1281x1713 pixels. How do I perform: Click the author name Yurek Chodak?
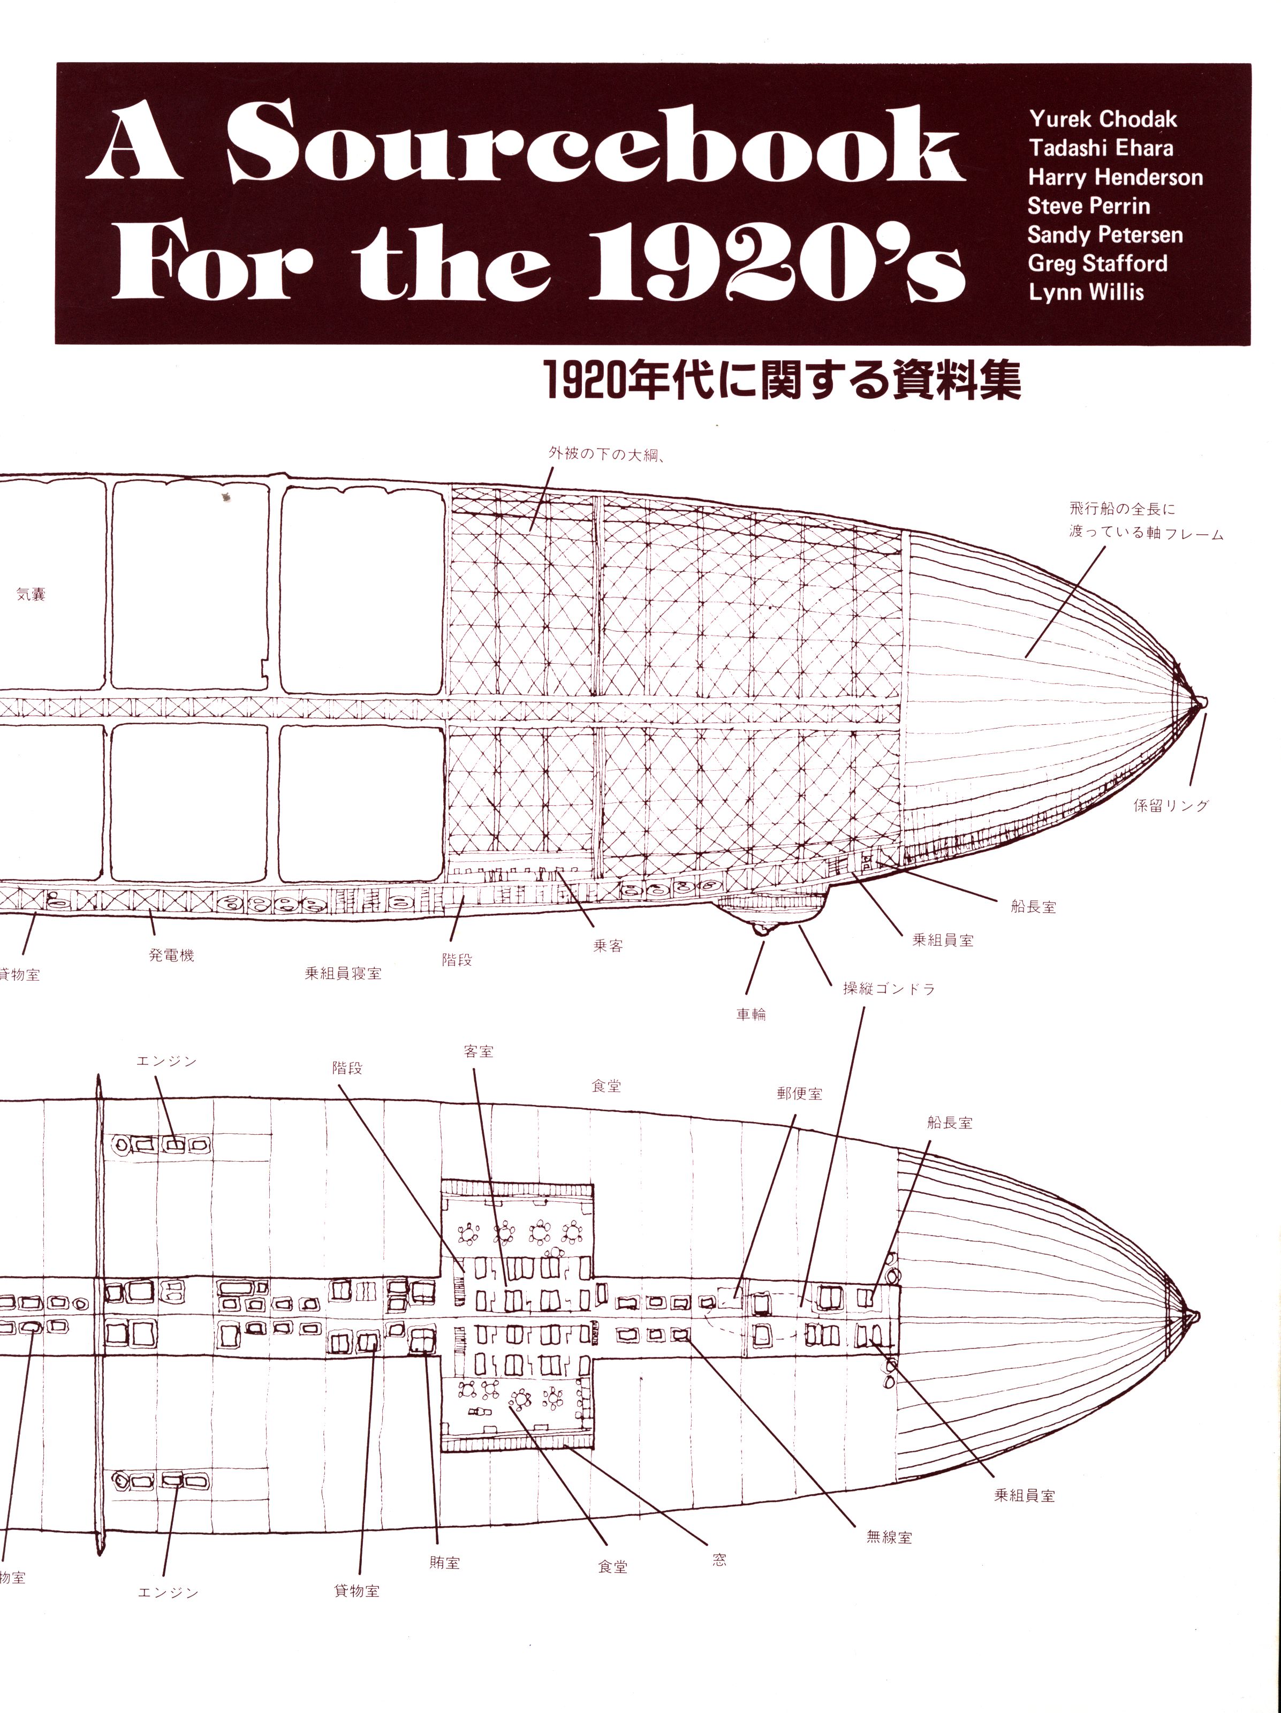point(1103,119)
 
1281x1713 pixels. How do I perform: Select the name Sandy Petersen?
point(1105,234)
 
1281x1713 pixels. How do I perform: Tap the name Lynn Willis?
point(1087,292)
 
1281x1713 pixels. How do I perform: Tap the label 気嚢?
point(31,594)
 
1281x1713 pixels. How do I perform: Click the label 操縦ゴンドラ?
point(889,988)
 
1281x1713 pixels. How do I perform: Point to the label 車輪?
point(751,1014)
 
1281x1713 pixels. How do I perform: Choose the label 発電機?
point(171,955)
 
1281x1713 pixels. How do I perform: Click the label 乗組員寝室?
point(343,973)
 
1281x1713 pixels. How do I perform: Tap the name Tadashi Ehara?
point(1101,148)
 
